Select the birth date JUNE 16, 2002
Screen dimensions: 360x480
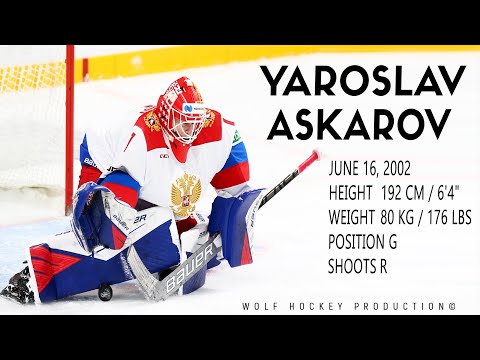[x=375, y=171]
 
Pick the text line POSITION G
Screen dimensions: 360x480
[x=368, y=243]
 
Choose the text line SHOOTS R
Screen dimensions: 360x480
[x=362, y=266]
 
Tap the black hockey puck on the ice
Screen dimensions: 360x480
[x=105, y=292]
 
